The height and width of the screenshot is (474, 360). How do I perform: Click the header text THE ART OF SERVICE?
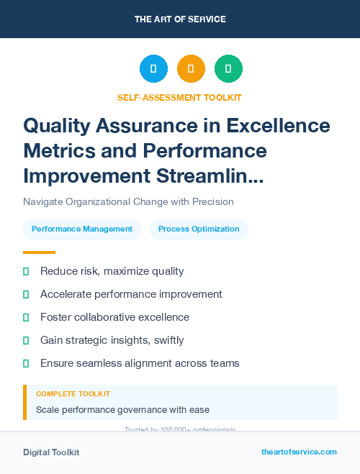coord(180,19)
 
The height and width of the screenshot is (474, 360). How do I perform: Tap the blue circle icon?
coord(153,69)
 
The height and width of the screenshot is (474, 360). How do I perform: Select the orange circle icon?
coord(191,69)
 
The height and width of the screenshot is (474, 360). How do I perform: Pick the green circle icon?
coord(228,69)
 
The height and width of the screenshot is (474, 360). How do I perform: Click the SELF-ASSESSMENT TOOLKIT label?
coord(179,97)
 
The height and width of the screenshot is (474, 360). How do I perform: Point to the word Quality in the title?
coord(61,127)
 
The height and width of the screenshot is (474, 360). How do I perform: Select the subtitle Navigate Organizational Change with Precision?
coord(128,201)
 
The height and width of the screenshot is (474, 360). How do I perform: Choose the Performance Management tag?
coord(82,229)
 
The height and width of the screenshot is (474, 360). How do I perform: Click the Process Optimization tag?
coord(199,229)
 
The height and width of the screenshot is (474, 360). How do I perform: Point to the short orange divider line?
coord(39,252)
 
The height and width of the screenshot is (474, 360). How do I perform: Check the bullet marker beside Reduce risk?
coord(26,271)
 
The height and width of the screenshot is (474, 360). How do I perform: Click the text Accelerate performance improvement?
coord(131,294)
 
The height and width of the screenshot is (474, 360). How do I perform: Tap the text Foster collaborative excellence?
coord(114,317)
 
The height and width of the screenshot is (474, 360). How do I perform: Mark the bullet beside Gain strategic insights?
coord(26,340)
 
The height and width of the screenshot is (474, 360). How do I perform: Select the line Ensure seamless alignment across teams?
coord(140,363)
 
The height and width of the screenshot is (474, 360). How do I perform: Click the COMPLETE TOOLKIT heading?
coord(73,394)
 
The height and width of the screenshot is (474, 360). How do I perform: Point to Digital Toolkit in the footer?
coord(51,452)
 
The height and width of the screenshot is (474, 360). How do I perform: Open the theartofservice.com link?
coord(299,452)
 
